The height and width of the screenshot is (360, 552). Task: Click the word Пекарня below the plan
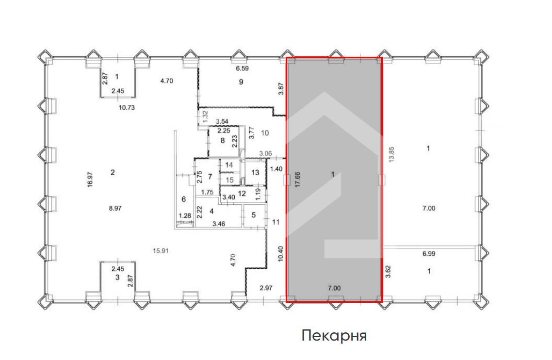pos(334,336)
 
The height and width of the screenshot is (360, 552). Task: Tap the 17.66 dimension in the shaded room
pos(297,180)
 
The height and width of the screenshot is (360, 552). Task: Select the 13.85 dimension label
pos(391,154)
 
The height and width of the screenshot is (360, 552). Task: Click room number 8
pos(223,141)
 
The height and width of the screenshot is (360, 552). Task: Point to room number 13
pos(255,172)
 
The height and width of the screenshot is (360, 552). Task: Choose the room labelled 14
pos(229,165)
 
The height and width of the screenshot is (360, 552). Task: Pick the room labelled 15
pos(229,180)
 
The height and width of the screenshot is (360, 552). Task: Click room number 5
pos(254,215)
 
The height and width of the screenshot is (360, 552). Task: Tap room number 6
pos(184,199)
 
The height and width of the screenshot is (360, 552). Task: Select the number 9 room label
pos(241,82)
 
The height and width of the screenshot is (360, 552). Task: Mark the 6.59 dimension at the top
pos(242,68)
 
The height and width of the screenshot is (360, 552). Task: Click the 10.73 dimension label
pos(127,108)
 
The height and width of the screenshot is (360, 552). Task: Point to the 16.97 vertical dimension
pos(90,180)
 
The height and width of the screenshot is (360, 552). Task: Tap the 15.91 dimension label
pos(161,251)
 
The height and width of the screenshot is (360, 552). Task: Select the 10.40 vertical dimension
pos(280,254)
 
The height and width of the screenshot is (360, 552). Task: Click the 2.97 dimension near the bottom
pos(266,288)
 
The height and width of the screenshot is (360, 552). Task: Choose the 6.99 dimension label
pos(429,253)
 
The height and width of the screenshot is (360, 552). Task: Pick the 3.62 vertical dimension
pos(389,271)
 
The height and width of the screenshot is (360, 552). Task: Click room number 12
pos(242,194)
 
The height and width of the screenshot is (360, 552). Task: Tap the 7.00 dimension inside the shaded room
pos(334,288)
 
